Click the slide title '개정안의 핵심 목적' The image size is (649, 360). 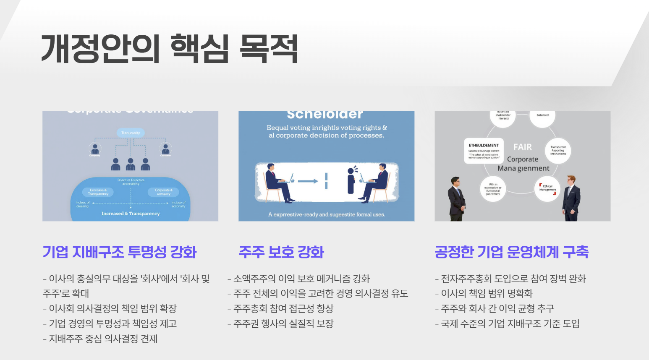click(x=169, y=49)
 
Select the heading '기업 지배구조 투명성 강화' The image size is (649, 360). click(x=120, y=252)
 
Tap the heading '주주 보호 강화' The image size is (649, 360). click(x=281, y=252)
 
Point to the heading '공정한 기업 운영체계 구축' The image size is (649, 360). click(x=511, y=252)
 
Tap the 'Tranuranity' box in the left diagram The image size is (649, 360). click(x=131, y=133)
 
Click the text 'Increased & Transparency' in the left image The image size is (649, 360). click(x=131, y=214)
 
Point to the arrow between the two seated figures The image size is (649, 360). click(x=308, y=181)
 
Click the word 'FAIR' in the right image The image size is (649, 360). click(x=522, y=147)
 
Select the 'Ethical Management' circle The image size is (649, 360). click(x=547, y=188)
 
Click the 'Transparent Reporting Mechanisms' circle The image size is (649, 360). click(x=558, y=150)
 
